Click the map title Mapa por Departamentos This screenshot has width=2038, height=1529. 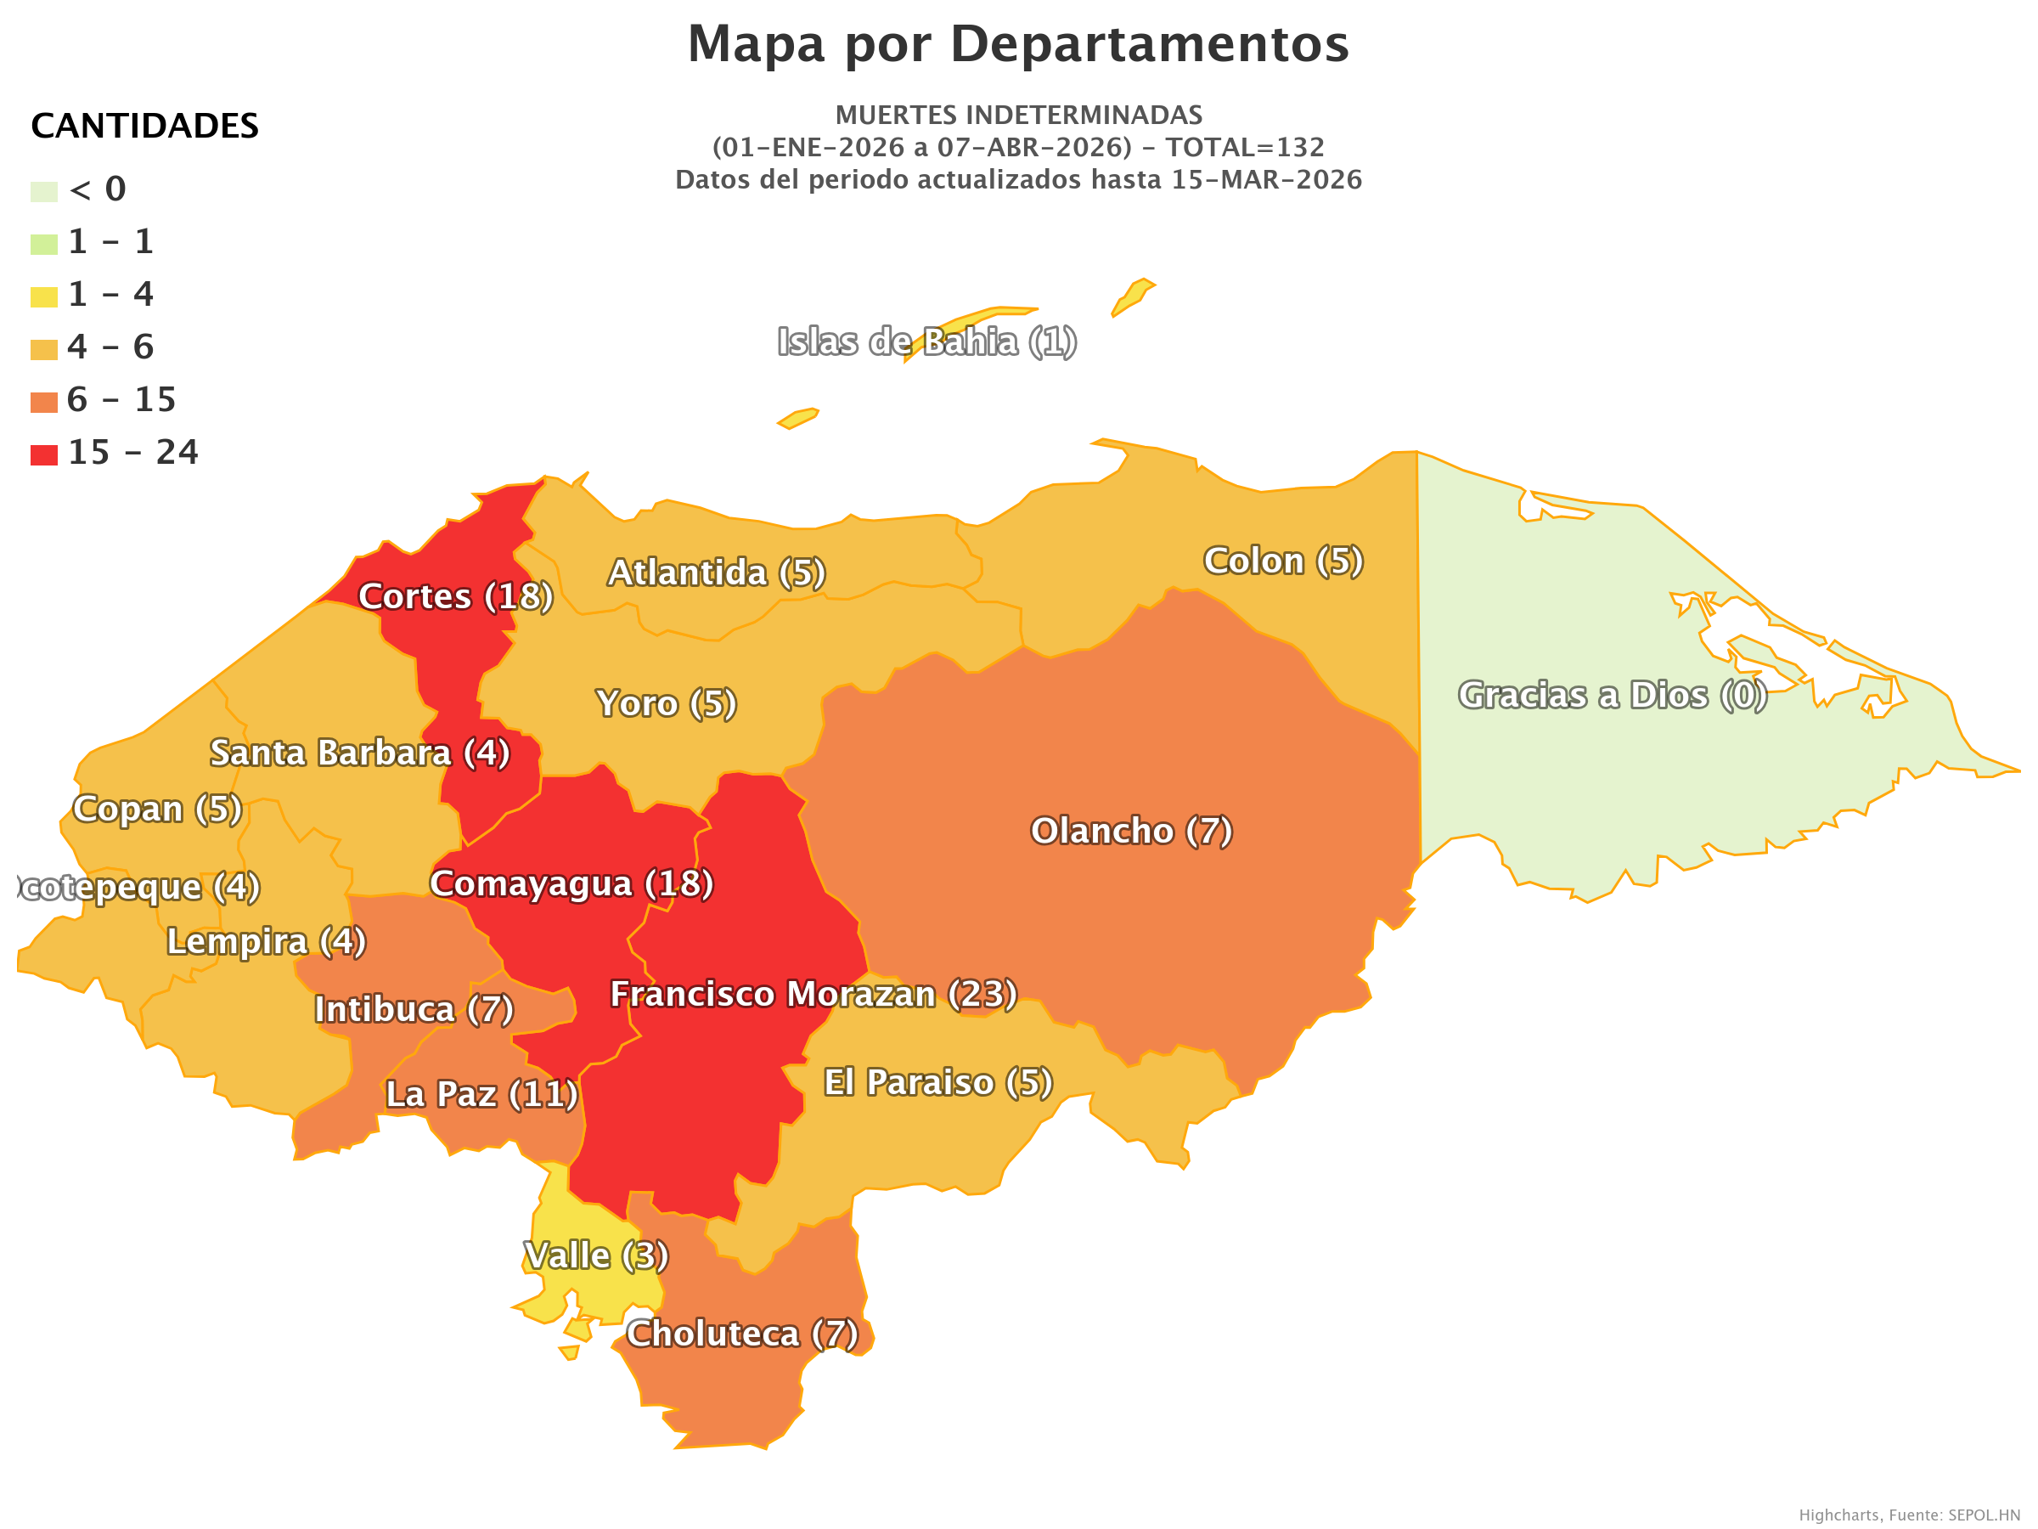click(1018, 44)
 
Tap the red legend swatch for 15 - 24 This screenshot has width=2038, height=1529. click(44, 454)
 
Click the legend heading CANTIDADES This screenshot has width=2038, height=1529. click(144, 127)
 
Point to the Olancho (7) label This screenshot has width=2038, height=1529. click(1130, 832)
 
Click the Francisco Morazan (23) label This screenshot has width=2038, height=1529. click(813, 995)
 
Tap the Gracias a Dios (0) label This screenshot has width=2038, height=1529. click(1612, 696)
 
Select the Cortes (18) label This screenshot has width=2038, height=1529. click(455, 597)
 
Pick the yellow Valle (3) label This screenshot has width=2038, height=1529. click(595, 1256)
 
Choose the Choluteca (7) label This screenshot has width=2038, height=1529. click(741, 1334)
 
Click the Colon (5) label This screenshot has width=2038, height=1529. click(1282, 561)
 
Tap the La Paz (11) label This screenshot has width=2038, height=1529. click(481, 1095)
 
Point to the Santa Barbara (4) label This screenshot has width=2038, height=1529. click(359, 753)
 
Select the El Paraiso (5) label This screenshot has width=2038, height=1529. click(937, 1083)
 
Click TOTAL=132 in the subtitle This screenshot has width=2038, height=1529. click(1245, 148)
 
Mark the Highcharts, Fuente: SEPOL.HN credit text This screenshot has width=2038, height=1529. click(1909, 1515)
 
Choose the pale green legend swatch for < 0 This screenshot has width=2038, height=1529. click(44, 192)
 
